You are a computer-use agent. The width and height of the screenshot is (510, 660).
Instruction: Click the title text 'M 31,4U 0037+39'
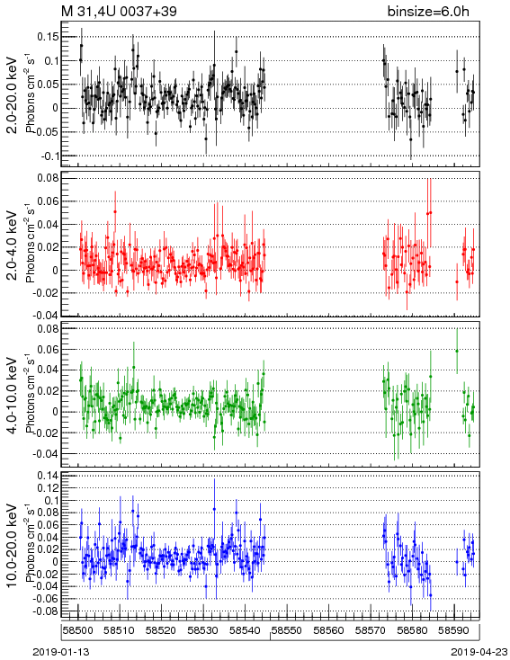click(120, 12)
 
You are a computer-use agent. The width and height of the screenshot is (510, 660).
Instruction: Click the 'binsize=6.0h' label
click(428, 12)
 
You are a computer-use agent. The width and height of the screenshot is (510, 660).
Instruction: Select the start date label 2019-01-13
click(61, 652)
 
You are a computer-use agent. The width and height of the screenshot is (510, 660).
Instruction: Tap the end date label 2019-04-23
click(479, 652)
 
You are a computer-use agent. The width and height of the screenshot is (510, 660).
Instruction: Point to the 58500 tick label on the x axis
click(77, 630)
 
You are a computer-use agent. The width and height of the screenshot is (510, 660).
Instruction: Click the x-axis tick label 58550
click(286, 630)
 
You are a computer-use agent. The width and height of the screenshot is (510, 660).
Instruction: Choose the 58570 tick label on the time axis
click(371, 630)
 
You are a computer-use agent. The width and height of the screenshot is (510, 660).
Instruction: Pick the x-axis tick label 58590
click(453, 630)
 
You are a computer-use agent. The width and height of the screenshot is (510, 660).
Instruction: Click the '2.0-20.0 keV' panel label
click(13, 95)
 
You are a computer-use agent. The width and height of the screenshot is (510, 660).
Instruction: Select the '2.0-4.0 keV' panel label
click(13, 245)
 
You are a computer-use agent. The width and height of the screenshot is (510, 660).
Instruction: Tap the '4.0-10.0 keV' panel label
click(13, 396)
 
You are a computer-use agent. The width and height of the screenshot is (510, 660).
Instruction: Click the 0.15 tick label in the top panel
click(48, 37)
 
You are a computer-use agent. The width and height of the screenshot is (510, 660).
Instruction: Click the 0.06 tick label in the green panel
click(48, 350)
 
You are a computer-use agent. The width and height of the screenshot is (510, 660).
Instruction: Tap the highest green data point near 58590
click(457, 351)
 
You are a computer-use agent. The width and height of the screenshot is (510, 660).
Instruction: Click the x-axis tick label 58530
click(203, 630)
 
